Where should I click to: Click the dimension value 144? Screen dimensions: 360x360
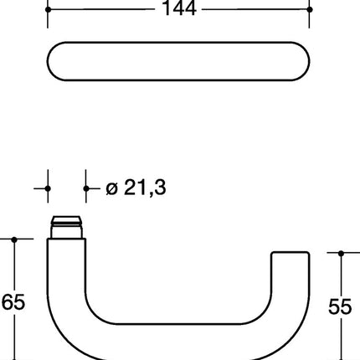coord(179,9)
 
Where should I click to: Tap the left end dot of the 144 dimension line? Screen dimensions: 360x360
coord(48,9)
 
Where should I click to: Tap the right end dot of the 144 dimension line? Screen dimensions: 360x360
coord(310,9)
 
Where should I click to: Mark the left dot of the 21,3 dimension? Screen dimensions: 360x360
coord(48,189)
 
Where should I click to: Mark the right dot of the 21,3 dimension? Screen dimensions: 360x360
coord(86,189)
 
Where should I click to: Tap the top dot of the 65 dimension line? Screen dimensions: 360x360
coord(14,239)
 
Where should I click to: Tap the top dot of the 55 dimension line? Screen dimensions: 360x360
coord(341,252)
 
